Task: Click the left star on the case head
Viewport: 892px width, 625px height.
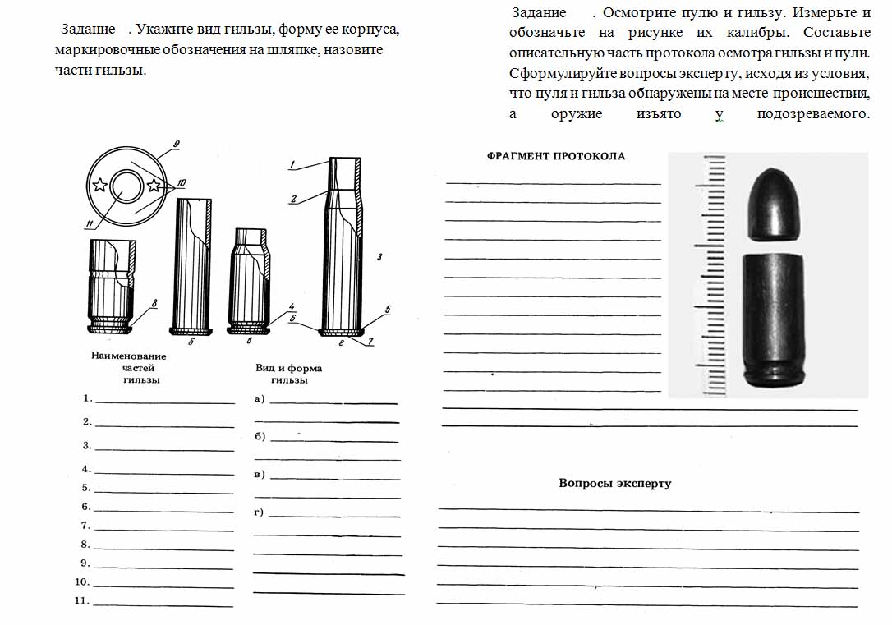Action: tap(99, 184)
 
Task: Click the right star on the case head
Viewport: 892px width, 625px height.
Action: tap(153, 186)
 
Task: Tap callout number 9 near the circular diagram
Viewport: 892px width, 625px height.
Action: tap(176, 146)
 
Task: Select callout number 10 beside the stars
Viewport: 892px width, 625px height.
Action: tap(182, 182)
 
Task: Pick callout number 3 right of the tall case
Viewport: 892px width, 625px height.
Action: tap(380, 257)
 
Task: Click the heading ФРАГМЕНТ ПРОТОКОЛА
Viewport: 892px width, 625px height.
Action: tap(555, 156)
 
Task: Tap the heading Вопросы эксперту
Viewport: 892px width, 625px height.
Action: tap(614, 484)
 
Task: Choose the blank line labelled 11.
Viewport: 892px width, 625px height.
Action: tap(163, 604)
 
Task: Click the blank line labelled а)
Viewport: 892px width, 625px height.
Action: tap(333, 402)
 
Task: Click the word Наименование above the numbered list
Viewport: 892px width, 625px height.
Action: tap(129, 356)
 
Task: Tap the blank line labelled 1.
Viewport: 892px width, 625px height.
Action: tap(164, 402)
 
